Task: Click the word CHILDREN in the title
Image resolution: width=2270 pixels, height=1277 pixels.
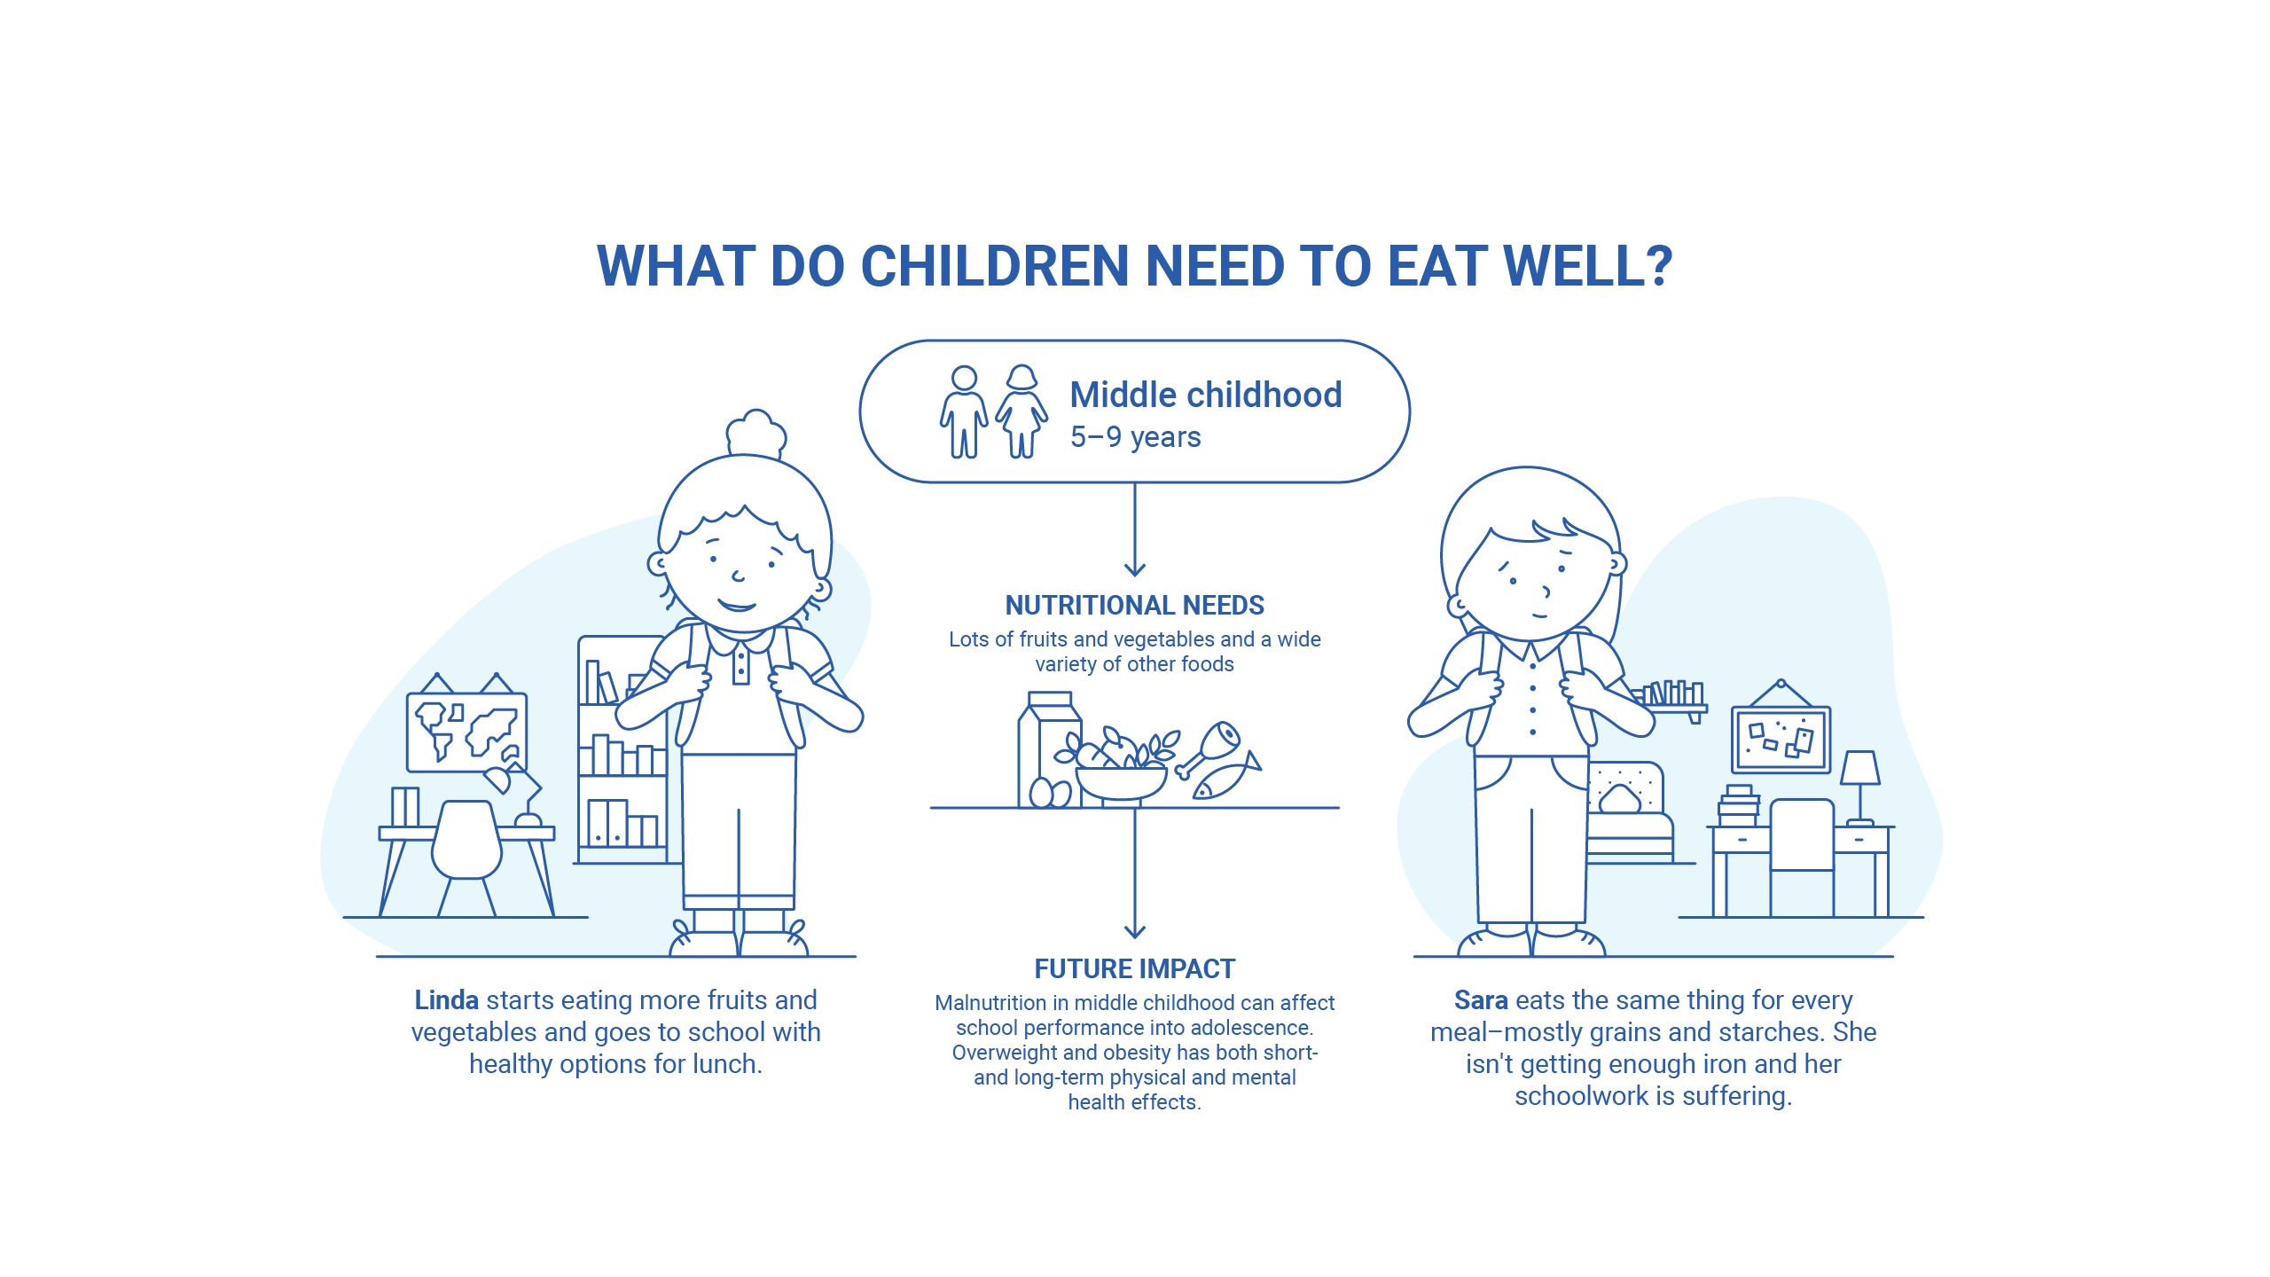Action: coord(994,265)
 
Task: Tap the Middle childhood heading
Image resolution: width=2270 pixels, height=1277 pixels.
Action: coord(1205,395)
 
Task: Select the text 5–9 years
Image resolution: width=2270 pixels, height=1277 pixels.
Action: coord(1135,437)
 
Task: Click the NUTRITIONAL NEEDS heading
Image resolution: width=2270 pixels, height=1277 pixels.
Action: coord(1134,605)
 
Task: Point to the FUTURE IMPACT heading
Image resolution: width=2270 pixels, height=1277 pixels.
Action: coord(1134,968)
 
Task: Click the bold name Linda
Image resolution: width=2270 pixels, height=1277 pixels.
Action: coord(446,1000)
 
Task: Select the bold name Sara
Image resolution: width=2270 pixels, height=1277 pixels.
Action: coord(1480,1000)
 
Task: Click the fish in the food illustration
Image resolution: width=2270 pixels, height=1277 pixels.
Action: coord(1225,779)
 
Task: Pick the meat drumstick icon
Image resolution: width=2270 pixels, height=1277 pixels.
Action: coord(1209,747)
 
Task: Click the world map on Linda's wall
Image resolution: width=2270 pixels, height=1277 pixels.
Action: coord(466,732)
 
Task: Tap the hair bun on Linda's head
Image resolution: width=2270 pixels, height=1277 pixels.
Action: coord(755,432)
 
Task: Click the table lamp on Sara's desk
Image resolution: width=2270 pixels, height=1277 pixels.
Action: coord(1859,785)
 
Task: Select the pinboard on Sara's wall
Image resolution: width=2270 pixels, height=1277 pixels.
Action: coord(1781,740)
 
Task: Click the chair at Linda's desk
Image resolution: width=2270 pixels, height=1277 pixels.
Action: coord(466,851)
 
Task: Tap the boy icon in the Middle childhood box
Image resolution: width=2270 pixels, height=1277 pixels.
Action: coord(964,412)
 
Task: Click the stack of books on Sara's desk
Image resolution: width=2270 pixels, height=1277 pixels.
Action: coord(1738,805)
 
